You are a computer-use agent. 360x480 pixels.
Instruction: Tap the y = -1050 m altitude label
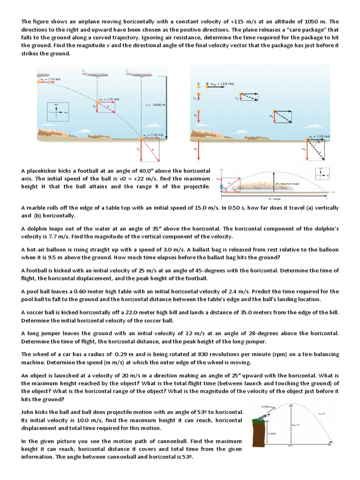[156, 105]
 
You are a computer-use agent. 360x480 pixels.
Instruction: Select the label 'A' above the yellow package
[198, 84]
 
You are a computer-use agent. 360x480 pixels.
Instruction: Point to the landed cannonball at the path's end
[332, 442]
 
